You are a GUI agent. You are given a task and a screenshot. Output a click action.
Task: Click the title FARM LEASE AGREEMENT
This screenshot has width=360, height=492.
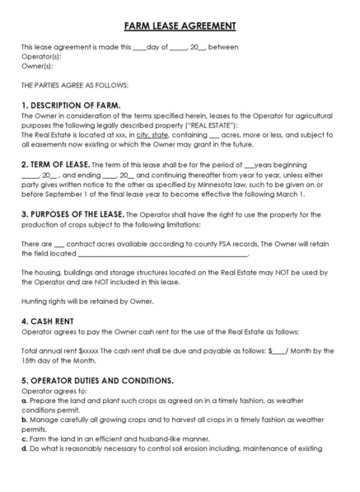180,26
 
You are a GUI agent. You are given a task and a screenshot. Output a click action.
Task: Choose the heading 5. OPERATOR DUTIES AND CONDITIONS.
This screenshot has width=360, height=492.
97,381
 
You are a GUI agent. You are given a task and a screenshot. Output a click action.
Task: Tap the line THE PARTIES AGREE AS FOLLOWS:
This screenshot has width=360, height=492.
75,85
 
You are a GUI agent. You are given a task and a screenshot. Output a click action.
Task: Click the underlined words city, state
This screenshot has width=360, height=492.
153,134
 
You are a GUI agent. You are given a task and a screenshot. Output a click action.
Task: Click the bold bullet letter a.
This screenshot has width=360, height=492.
24,400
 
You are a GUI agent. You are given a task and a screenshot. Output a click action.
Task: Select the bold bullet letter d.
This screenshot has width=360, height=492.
24,448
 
